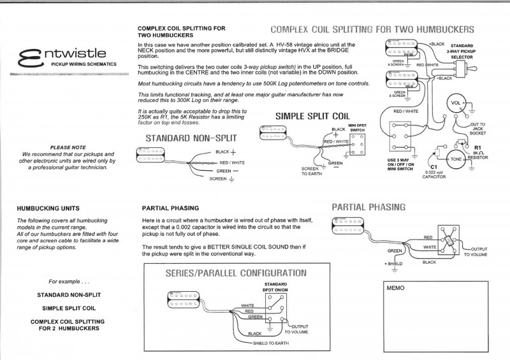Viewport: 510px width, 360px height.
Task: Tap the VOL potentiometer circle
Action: [x=456, y=104]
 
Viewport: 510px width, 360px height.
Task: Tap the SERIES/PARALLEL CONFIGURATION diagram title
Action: [x=236, y=273]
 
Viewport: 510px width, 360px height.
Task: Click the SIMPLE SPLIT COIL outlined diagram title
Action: [x=312, y=117]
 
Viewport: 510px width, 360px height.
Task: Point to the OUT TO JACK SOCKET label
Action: [x=477, y=129]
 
